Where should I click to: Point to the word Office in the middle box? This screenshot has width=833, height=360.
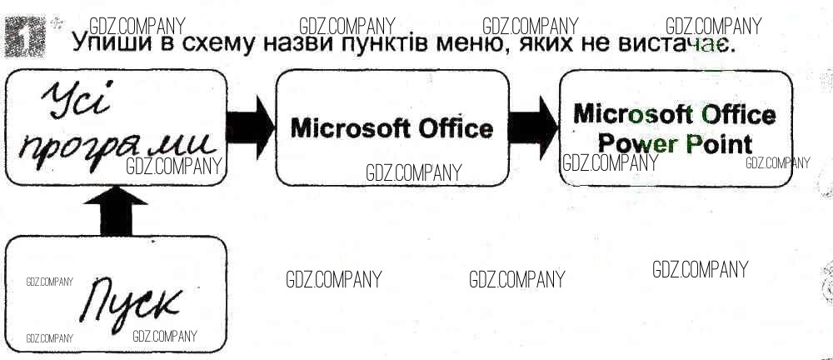pos(453,128)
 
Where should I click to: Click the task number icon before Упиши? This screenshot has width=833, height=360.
pos(25,37)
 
